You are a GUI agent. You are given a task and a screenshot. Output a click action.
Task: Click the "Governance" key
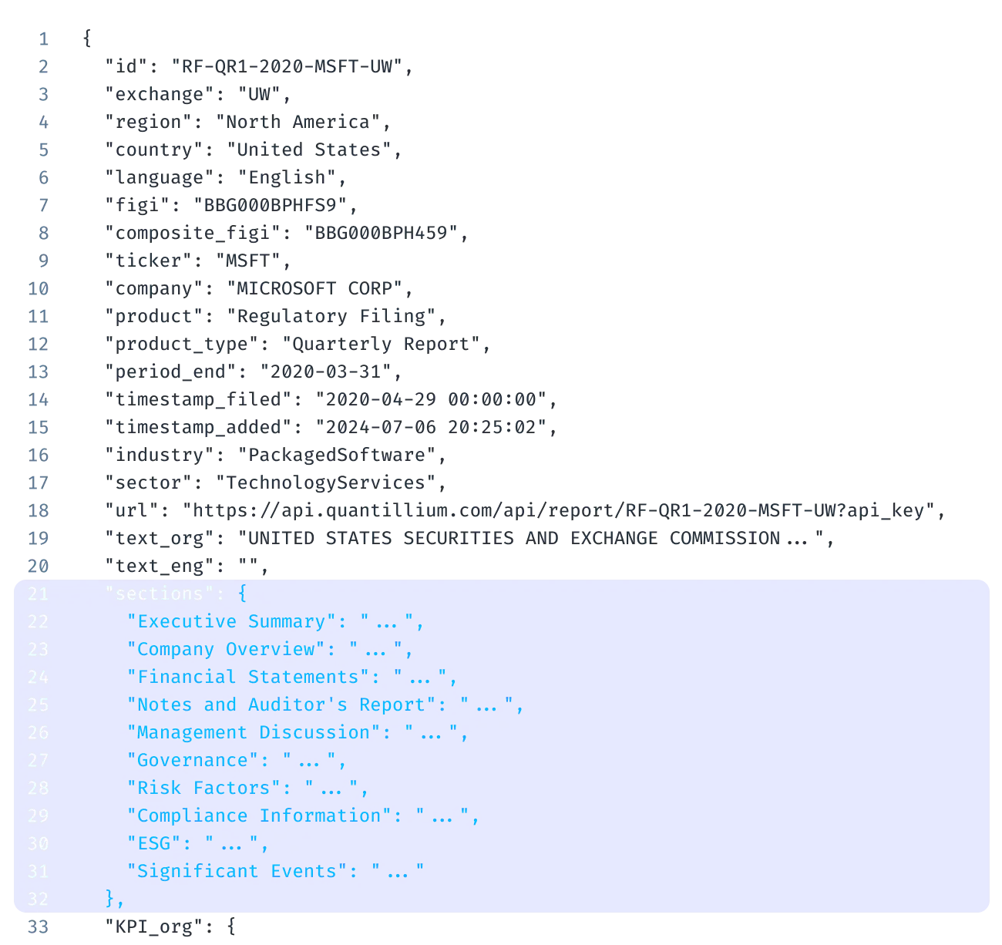193,760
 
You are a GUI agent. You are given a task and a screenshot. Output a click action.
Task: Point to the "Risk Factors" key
203,788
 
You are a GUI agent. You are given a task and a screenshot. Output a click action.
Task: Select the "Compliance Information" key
259,816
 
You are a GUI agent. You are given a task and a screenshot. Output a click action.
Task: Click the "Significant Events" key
237,871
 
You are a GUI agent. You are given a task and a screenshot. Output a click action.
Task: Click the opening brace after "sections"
242,594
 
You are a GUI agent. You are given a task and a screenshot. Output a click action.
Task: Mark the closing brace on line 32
110,899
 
